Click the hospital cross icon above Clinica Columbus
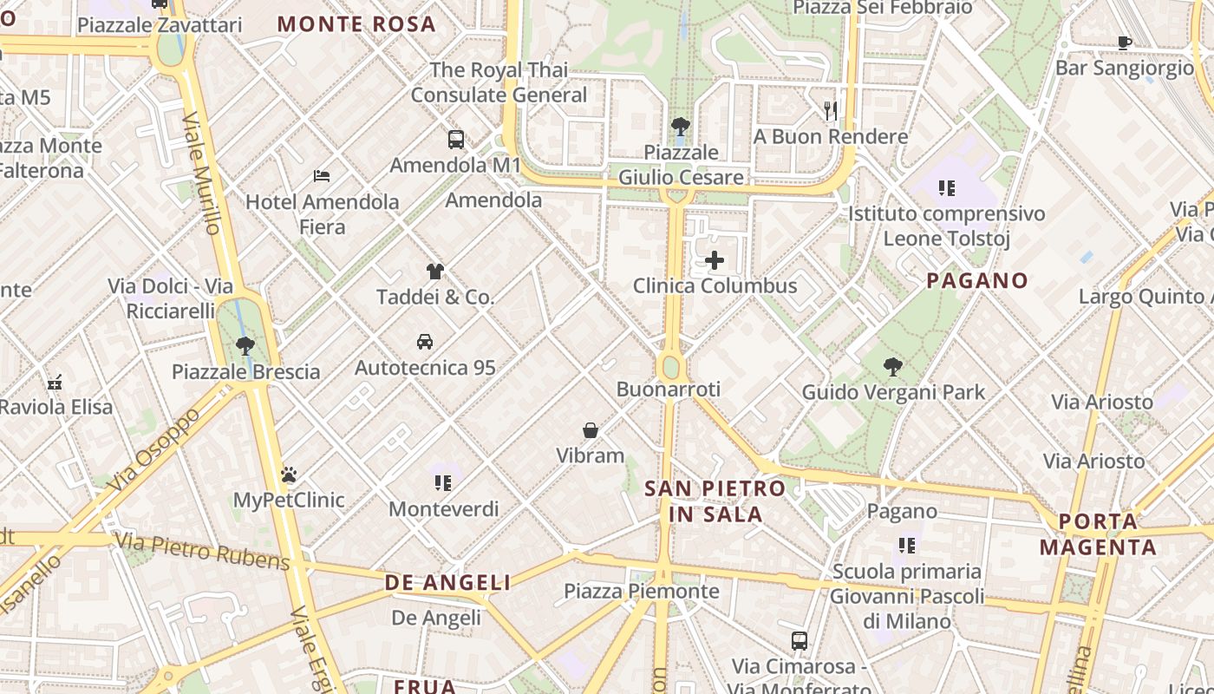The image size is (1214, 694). click(x=715, y=259)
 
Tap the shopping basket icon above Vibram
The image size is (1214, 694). click(x=591, y=430)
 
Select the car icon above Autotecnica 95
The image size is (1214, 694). click(x=425, y=341)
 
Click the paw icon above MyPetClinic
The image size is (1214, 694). click(x=289, y=475)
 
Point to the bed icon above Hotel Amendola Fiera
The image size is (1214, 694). click(x=322, y=176)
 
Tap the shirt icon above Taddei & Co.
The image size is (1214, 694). click(x=435, y=272)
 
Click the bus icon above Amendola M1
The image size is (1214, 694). click(x=456, y=139)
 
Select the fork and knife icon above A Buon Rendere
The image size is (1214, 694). click(x=831, y=110)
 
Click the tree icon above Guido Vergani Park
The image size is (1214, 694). click(x=893, y=367)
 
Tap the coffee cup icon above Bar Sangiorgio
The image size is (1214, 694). click(x=1125, y=43)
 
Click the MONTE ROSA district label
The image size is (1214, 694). click(x=356, y=24)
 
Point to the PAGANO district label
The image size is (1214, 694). click(x=977, y=281)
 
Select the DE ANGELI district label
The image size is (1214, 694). click(x=448, y=583)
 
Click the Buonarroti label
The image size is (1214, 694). click(x=669, y=390)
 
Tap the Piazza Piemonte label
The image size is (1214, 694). click(x=642, y=592)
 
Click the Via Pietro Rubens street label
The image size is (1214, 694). click(x=202, y=552)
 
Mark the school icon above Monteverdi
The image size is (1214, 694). click(x=443, y=483)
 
